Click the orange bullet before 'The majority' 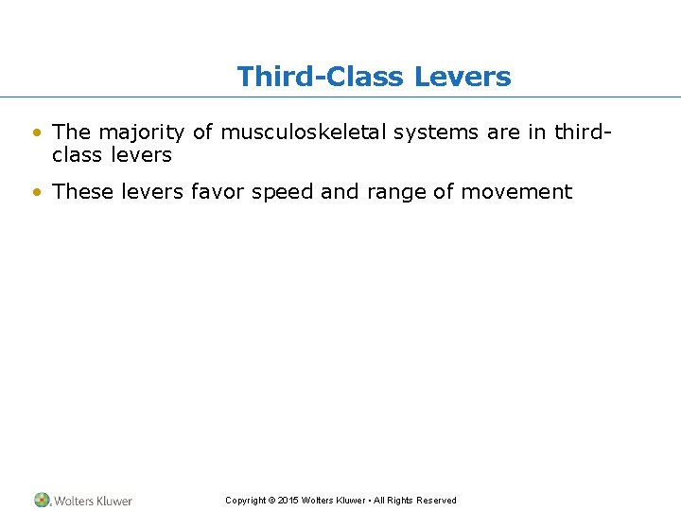pos(36,132)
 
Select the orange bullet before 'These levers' pos(36,192)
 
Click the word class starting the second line pos(79,154)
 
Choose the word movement pos(516,192)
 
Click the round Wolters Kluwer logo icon pos(43,500)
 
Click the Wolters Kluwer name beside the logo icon pos(94,501)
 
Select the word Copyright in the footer pos(246,501)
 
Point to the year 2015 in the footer pos(288,501)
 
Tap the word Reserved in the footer pos(436,501)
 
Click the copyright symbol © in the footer pos(272,501)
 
